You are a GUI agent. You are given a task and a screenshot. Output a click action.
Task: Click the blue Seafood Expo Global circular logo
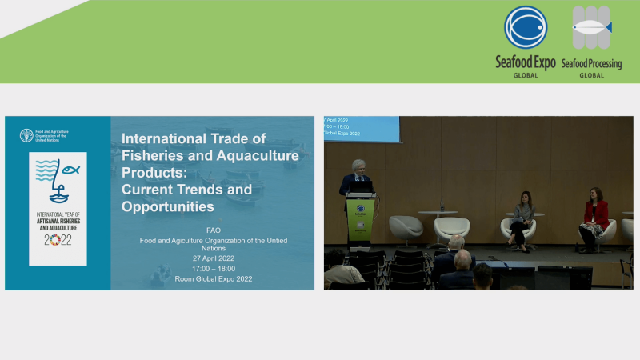tap(525, 27)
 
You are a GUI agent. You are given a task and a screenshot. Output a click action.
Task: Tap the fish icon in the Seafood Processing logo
tap(592, 26)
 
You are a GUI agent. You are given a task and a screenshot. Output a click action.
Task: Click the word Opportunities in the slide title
tap(168, 206)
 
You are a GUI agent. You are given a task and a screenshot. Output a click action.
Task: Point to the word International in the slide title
tap(165, 138)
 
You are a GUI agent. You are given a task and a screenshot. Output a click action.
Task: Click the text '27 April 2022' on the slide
tap(212, 258)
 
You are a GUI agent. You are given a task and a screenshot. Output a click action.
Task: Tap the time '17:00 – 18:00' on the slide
tap(212, 268)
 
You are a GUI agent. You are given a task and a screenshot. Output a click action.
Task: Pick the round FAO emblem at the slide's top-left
tap(26, 134)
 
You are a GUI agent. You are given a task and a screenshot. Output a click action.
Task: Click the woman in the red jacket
tap(594, 217)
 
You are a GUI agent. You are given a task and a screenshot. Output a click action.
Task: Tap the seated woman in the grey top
tap(522, 219)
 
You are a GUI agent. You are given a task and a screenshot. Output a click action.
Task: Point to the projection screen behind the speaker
tap(362, 128)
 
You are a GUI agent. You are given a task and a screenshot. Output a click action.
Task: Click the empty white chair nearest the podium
tap(405, 230)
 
